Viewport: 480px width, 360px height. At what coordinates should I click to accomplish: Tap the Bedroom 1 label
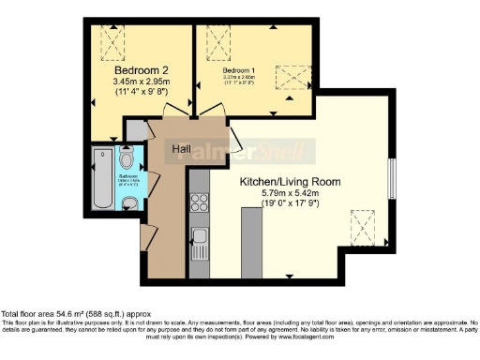pos(238,70)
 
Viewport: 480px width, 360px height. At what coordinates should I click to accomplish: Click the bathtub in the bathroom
pos(102,180)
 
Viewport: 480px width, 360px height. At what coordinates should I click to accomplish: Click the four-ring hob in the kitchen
pos(198,200)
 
